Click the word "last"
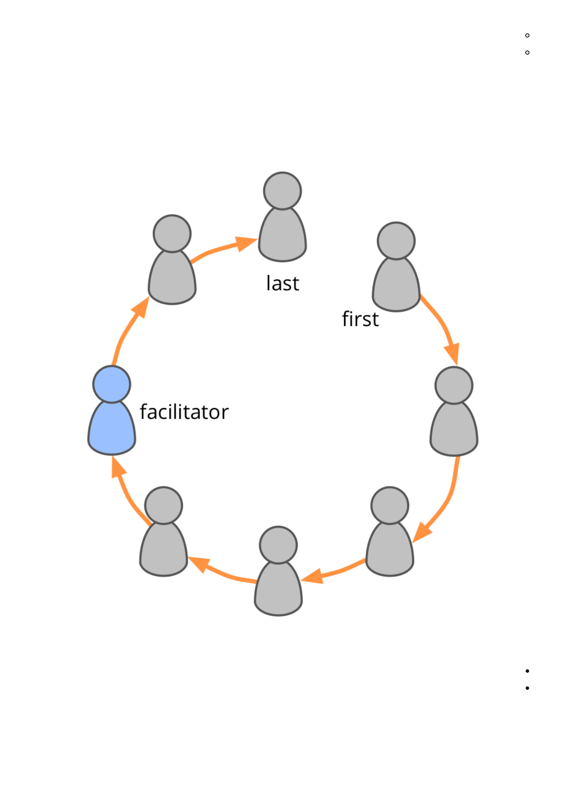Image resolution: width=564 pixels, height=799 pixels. pyautogui.click(x=282, y=283)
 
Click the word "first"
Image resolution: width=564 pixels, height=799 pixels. pyautogui.click(x=360, y=319)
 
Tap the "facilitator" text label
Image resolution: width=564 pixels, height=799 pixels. pyautogui.click(x=184, y=412)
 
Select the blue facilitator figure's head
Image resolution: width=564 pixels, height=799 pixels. pyautogui.click(x=112, y=384)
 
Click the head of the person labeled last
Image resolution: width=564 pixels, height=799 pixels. pyautogui.click(x=282, y=191)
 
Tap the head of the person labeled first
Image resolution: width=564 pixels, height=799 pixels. pyautogui.click(x=396, y=241)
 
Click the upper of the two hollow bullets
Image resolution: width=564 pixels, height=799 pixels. pyautogui.click(x=527, y=36)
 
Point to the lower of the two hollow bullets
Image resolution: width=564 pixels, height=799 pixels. pyautogui.click(x=527, y=53)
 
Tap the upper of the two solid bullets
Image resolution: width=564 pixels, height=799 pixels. pyautogui.click(x=527, y=671)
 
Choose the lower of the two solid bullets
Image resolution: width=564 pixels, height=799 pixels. pyautogui.click(x=527, y=688)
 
